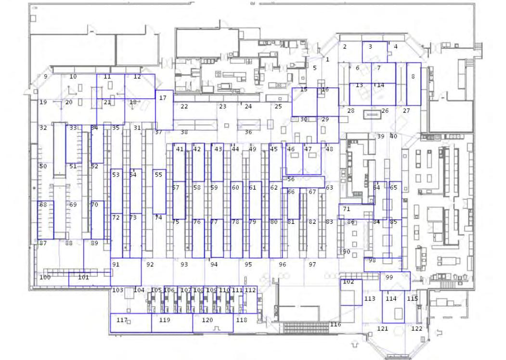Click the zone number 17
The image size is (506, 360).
tap(163, 98)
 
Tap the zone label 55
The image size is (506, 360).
tap(158, 175)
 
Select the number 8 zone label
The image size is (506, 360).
tap(413, 77)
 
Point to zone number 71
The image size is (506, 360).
tap(347, 209)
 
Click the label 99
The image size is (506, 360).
tap(389, 277)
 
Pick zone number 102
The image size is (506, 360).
tap(349, 282)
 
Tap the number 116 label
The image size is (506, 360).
tap(336, 324)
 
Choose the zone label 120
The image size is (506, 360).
tap(208, 320)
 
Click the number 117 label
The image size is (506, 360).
tap(122, 320)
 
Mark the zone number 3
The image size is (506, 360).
tap(370, 47)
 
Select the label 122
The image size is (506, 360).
tap(417, 329)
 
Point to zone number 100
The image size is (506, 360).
tap(45, 277)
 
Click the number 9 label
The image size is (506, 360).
tap(46, 77)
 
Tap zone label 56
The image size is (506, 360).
tap(291, 179)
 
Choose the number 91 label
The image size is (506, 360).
tap(116, 265)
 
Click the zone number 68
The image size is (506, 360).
tap(43, 205)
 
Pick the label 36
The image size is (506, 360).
tap(248, 132)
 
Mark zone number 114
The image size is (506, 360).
tap(391, 299)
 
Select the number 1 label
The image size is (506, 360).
tap(327, 59)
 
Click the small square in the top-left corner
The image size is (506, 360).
tap(33, 18)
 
